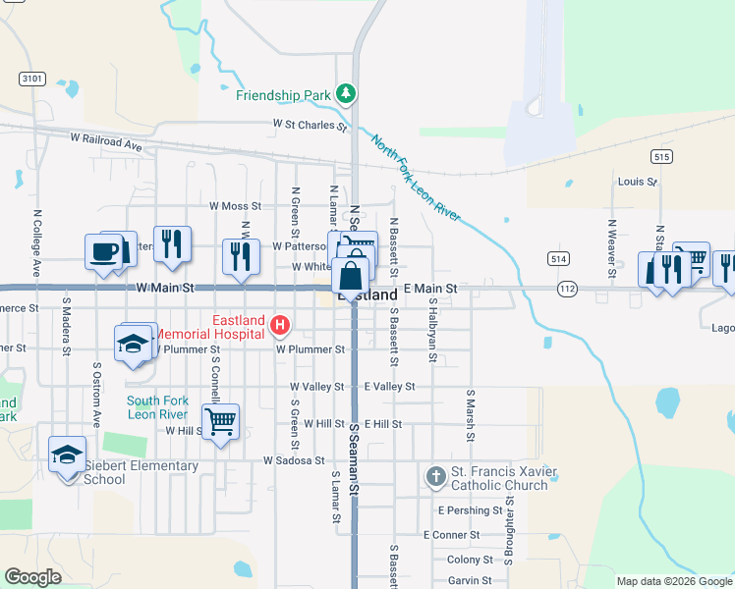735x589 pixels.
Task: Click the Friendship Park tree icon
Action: [x=345, y=94]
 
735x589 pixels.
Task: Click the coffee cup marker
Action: [x=104, y=251]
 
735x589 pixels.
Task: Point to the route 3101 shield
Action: [x=31, y=77]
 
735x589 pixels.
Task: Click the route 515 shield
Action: [x=660, y=156]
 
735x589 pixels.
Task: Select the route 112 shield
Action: [x=566, y=290]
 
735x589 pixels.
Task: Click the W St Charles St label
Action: [x=310, y=126]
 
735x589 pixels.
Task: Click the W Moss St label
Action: [x=235, y=206]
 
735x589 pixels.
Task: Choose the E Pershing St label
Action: [x=470, y=511]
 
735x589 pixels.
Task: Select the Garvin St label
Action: [x=470, y=581]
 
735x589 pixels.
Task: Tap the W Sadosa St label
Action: [x=293, y=460]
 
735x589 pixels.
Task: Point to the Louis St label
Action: [x=637, y=182]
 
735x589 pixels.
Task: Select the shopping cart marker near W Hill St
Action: [x=221, y=421]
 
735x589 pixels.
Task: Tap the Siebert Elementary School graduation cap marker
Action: [x=67, y=454]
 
